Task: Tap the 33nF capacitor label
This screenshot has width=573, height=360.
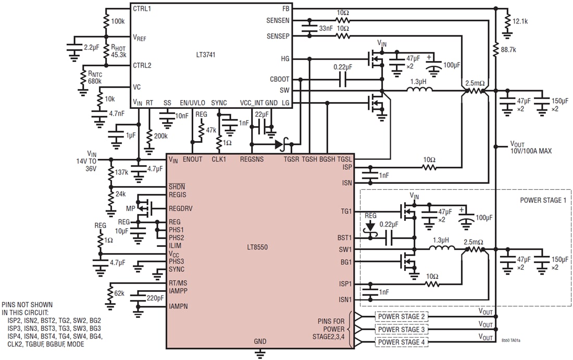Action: point(325,29)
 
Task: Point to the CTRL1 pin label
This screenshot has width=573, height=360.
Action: point(142,9)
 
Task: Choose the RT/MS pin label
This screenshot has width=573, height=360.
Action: point(178,283)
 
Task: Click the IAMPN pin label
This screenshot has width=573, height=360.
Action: point(179,306)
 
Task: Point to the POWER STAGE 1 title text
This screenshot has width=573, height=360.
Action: point(542,200)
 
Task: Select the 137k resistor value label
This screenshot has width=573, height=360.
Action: point(122,172)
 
